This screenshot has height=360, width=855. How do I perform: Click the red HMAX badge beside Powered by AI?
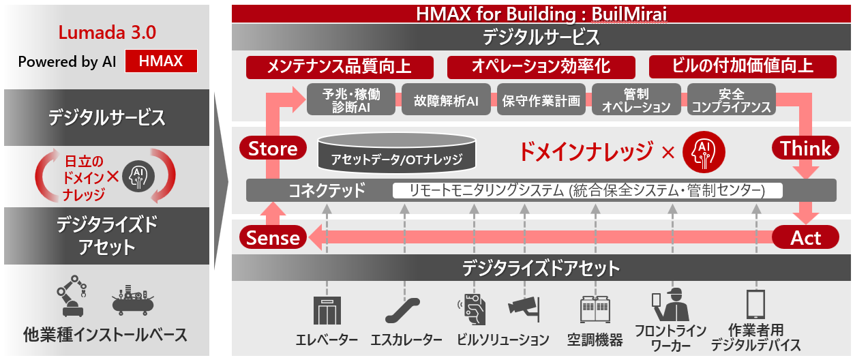click(x=161, y=61)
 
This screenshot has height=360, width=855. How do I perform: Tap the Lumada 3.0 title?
click(x=107, y=33)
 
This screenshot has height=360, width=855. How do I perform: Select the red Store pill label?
click(x=273, y=148)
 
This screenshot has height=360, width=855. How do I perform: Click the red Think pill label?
click(x=805, y=148)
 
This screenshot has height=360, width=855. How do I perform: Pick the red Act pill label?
click(x=805, y=237)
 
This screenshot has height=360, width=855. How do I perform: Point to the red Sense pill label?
click(x=273, y=237)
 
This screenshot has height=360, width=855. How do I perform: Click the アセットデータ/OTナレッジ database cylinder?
click(x=397, y=152)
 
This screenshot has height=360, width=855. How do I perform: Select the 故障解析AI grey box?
click(x=446, y=100)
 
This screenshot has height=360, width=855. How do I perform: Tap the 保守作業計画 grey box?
click(x=541, y=100)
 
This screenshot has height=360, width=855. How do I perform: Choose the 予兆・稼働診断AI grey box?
click(x=350, y=100)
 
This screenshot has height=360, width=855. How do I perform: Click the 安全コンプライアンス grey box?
click(x=732, y=100)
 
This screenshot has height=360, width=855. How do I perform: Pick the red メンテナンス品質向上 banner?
click(x=340, y=67)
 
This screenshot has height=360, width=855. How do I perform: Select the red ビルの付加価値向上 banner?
click(x=742, y=67)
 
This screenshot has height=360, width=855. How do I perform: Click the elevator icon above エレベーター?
click(x=327, y=310)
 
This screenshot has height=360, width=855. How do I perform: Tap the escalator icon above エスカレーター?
click(x=403, y=310)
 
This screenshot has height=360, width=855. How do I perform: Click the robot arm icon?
click(x=72, y=295)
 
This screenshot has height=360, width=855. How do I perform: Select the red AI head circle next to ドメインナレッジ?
click(x=704, y=152)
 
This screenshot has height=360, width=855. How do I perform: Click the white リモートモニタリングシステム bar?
click(x=588, y=190)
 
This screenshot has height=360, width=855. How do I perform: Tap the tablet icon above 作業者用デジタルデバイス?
click(x=755, y=304)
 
